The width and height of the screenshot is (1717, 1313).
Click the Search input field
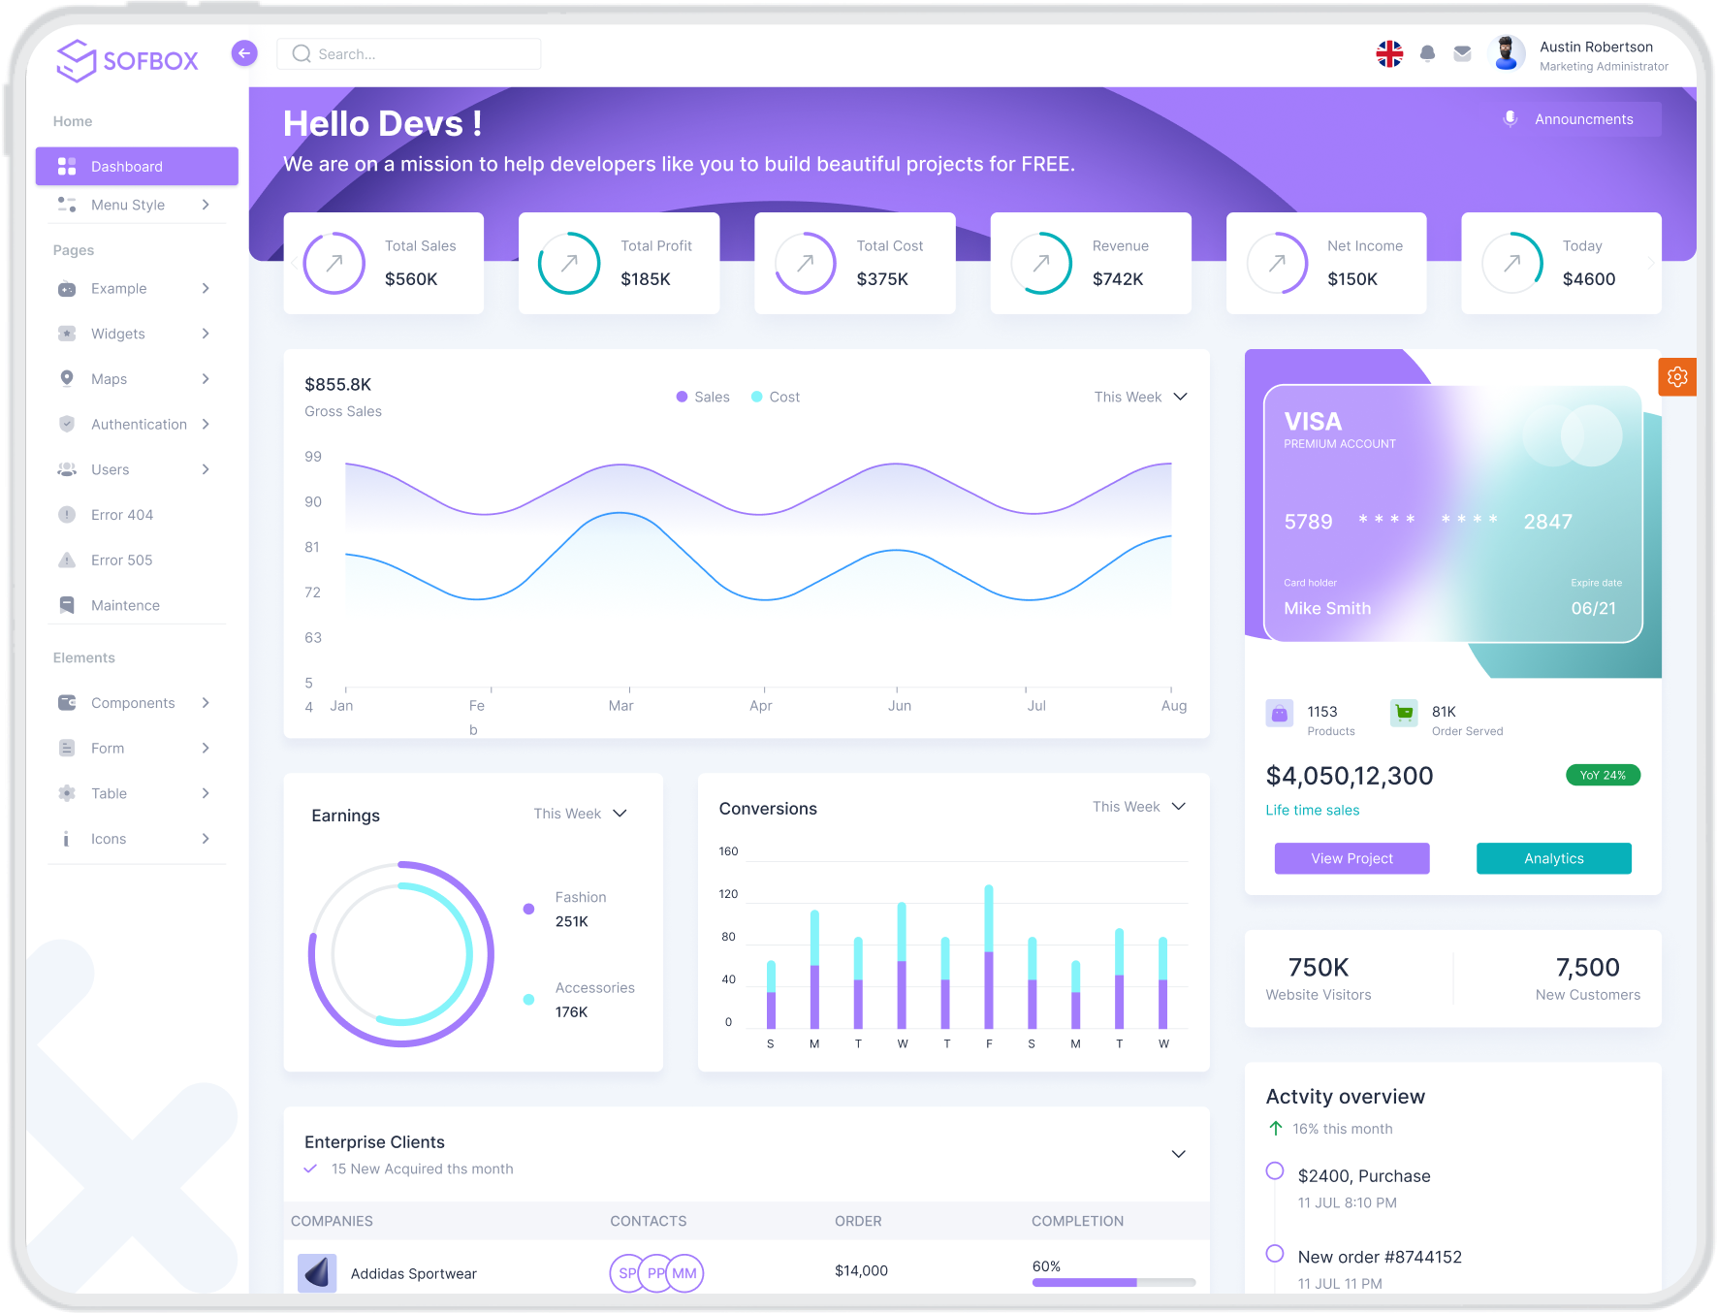409,54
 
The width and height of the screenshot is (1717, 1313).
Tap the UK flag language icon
1389,54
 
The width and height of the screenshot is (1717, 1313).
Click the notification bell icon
1427,54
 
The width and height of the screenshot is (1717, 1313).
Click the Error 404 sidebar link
122,515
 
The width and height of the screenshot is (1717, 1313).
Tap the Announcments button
1582,119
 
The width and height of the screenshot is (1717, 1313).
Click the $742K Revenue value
1118,279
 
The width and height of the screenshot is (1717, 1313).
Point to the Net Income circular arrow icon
1278,263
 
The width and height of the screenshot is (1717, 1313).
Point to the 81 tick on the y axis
312,547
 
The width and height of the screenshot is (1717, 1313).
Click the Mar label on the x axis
620,706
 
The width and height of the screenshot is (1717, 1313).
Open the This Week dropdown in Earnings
580,814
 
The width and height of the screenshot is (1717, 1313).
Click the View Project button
1351,858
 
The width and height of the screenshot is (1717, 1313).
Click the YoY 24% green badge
1603,775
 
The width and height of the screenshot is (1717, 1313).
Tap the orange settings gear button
1677,377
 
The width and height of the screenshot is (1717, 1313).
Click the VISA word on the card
1313,422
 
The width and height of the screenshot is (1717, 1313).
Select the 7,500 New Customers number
1587,968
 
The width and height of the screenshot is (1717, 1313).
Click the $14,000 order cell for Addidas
861,1271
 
